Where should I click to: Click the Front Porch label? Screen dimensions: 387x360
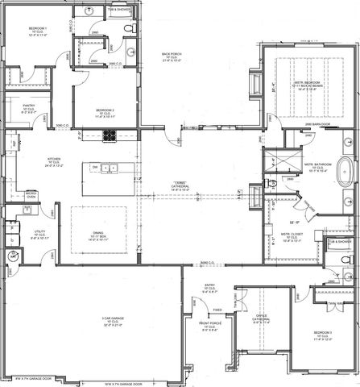(212, 327)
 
